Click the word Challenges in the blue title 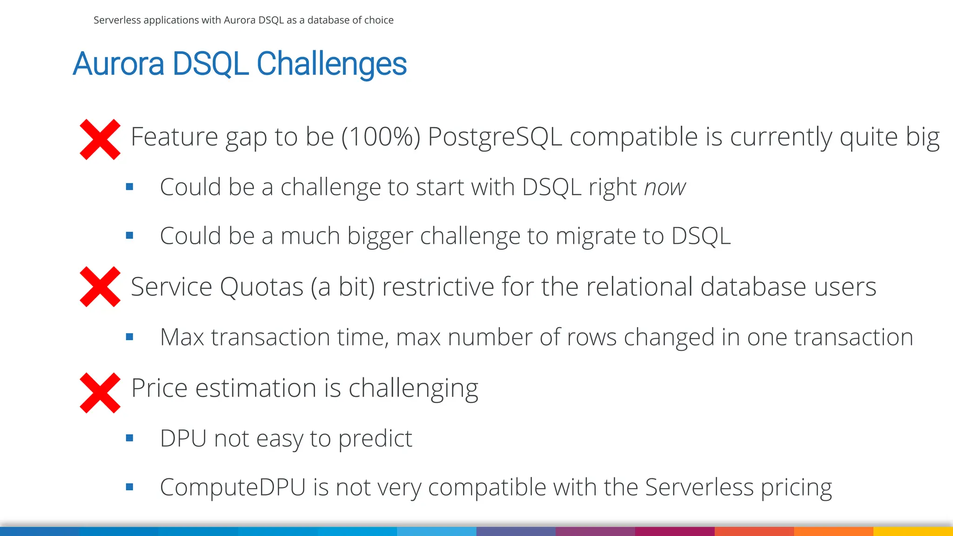pos(331,64)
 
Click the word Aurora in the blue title pos(119,64)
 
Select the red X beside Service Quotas pos(100,287)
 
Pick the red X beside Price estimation pos(100,393)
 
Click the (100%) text pos(381,137)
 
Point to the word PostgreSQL pos(495,137)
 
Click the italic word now pos(664,188)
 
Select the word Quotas pos(262,287)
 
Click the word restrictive pos(438,287)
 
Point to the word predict pos(375,439)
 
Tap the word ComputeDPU pos(233,488)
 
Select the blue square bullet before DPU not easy pos(130,438)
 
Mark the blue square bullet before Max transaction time pos(130,336)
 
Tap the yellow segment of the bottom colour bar pos(913,531)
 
